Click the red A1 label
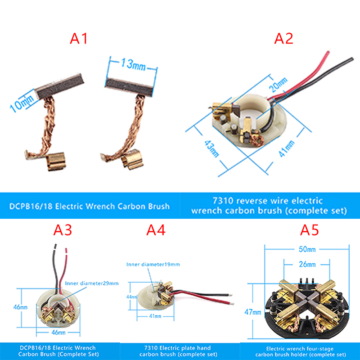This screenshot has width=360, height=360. (79, 38)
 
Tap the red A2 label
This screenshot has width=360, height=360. (284, 38)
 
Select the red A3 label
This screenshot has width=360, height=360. (63, 230)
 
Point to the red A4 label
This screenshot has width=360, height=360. (156, 230)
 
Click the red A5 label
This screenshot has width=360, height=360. (310, 230)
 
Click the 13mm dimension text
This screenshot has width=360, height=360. (133, 64)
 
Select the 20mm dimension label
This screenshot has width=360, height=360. (278, 85)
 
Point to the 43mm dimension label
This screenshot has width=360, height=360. (211, 149)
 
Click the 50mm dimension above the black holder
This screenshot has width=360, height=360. (307, 249)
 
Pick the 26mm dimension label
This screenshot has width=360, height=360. (307, 264)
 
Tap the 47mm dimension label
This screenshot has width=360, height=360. (253, 312)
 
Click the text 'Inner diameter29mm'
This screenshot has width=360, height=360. (92, 283)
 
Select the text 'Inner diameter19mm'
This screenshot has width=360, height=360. (153, 265)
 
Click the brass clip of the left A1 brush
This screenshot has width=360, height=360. (56, 162)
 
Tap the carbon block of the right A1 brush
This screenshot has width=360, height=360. (129, 87)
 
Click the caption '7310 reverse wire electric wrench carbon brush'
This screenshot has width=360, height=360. (269, 206)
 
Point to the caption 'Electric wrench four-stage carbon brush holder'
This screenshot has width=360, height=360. (300, 352)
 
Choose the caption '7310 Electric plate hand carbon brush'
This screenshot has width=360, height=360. (178, 351)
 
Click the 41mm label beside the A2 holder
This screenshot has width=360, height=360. (287, 148)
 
